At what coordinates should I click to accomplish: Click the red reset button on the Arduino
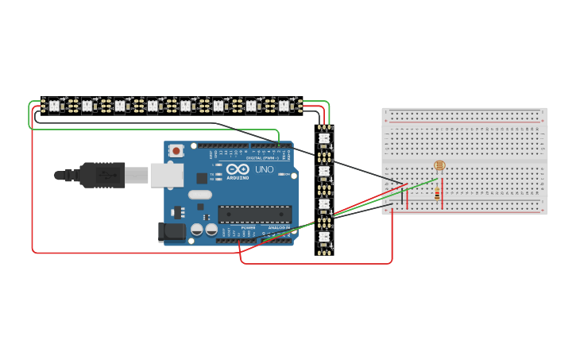(x=175, y=149)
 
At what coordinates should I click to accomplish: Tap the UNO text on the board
(x=263, y=169)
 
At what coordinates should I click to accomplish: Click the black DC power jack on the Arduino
(x=171, y=231)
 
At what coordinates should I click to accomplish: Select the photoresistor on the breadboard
(x=438, y=165)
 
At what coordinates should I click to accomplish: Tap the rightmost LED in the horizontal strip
(x=284, y=105)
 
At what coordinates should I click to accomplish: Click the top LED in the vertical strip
(x=323, y=138)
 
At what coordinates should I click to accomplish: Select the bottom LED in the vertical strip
(x=323, y=238)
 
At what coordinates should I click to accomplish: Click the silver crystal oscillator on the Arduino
(x=201, y=195)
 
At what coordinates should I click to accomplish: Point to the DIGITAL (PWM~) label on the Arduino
(x=260, y=157)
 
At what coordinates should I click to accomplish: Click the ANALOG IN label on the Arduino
(x=279, y=228)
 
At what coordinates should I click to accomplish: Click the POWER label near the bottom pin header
(x=249, y=228)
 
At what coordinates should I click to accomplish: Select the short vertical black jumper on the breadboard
(x=402, y=199)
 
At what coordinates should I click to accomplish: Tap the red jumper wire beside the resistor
(x=443, y=199)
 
